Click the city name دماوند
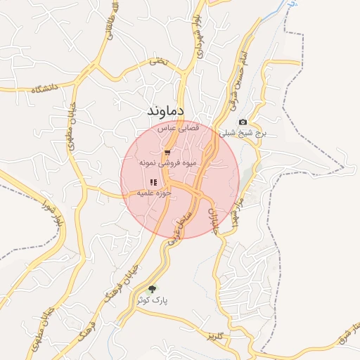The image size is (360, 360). point(166,111)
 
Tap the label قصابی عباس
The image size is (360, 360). point(178,129)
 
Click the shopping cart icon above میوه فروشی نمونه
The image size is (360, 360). point(167,152)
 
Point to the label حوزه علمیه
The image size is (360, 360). point(155,192)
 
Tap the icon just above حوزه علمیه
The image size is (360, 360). point(153,182)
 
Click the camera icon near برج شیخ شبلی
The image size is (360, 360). point(243,122)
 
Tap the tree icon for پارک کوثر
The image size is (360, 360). point(153,288)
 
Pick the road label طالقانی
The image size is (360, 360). point(108,23)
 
